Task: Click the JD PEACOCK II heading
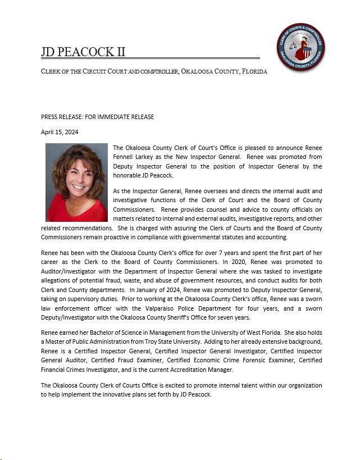pos(83,52)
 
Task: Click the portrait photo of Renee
pos(76,182)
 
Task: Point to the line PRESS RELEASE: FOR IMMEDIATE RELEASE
pos(97,117)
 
